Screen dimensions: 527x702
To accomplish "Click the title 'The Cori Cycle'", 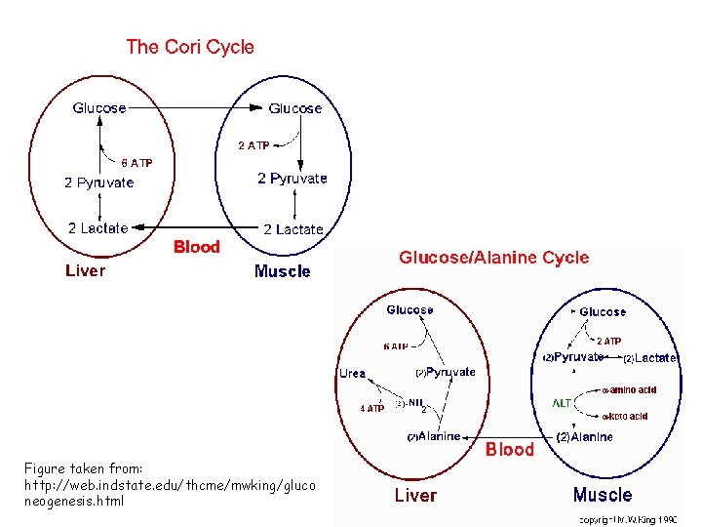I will coord(190,47).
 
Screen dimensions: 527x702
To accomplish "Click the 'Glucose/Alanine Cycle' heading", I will coord(493,258).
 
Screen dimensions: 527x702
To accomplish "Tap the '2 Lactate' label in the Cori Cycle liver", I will coord(97,228).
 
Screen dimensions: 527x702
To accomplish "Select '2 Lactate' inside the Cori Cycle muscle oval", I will coord(292,229).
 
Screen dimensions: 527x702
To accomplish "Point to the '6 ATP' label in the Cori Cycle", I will coord(136,163).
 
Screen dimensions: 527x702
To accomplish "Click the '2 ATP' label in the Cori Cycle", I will coord(253,145).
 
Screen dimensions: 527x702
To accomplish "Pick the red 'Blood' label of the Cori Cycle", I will coord(196,247).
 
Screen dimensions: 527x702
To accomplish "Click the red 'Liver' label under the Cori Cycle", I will coord(85,270).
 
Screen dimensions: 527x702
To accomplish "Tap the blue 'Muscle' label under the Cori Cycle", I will coord(282,271).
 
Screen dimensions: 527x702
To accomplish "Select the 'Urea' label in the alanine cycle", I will coord(352,374).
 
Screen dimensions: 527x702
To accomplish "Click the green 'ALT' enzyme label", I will coord(563,403).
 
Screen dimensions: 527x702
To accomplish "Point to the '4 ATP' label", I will coord(371,409).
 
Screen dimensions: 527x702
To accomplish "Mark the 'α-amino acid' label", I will coord(629,390).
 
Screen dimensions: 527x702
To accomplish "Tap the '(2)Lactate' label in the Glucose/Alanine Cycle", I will coord(649,358).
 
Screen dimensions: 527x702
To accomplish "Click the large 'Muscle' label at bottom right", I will coord(602,495).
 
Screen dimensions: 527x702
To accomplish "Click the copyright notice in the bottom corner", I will coord(628,520).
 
